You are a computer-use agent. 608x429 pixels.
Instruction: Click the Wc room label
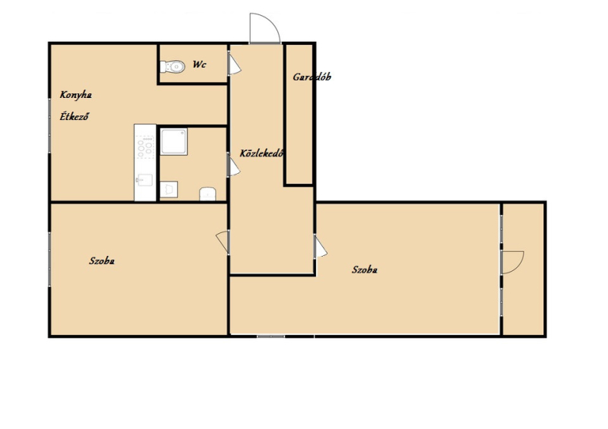click(199, 65)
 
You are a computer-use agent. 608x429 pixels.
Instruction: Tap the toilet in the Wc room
click(173, 67)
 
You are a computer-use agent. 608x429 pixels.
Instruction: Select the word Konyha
click(75, 95)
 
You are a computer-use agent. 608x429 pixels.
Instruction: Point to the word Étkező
click(74, 116)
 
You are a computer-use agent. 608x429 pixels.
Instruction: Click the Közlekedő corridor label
click(261, 153)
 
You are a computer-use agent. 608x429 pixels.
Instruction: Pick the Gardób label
click(312, 77)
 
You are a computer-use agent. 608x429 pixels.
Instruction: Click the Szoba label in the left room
click(102, 260)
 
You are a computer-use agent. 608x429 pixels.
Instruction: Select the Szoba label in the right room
click(365, 270)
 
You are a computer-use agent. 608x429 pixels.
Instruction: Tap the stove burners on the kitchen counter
click(145, 147)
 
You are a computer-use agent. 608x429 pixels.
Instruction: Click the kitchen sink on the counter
click(145, 180)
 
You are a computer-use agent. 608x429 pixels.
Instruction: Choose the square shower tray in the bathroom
click(174, 142)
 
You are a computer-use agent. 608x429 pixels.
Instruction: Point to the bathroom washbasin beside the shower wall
click(169, 190)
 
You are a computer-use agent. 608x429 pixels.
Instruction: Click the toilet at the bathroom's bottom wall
click(207, 194)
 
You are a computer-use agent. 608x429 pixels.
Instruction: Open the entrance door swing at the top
click(264, 28)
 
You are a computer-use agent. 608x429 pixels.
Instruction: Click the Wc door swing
click(234, 65)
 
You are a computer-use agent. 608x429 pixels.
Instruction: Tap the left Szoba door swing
click(223, 241)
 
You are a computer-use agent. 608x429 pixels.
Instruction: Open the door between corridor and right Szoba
click(321, 248)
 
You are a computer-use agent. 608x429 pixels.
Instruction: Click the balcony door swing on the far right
click(512, 263)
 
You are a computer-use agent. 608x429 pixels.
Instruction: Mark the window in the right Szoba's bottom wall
click(271, 336)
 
